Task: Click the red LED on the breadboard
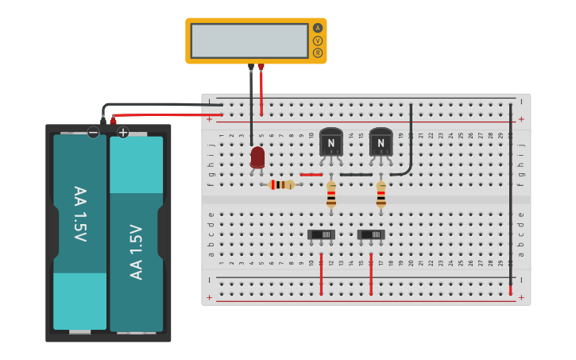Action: click(x=257, y=157)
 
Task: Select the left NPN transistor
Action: click(x=331, y=143)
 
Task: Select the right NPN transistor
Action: click(x=381, y=143)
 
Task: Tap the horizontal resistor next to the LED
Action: click(x=281, y=184)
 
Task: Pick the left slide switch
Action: click(x=321, y=234)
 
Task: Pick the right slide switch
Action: click(x=371, y=234)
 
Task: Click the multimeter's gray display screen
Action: click(x=249, y=41)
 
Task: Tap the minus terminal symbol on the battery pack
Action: click(x=94, y=133)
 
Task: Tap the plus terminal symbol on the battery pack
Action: click(x=123, y=133)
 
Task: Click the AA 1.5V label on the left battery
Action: click(x=79, y=214)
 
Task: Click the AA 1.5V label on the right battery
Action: click(x=137, y=252)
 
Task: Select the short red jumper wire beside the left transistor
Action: click(x=311, y=174)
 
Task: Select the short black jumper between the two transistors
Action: click(x=356, y=174)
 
